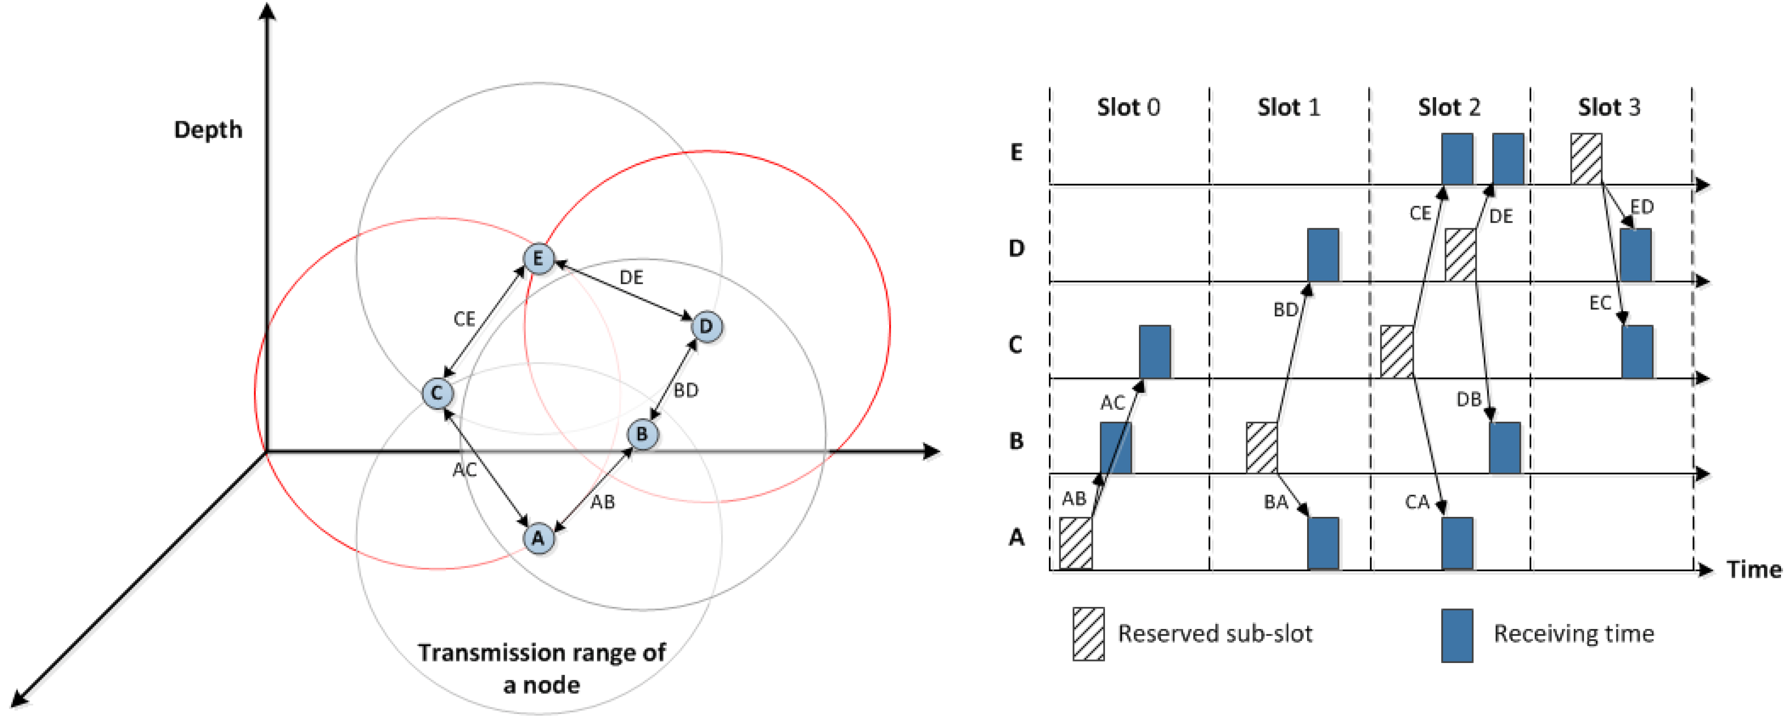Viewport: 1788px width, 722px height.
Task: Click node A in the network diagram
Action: pos(538,538)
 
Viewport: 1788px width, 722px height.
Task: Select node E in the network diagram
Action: pos(538,259)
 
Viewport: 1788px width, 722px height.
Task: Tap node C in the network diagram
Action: pos(437,393)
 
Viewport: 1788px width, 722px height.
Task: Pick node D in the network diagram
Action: pos(707,326)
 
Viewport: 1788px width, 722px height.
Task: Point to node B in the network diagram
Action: pos(642,435)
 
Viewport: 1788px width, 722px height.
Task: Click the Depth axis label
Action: pos(208,130)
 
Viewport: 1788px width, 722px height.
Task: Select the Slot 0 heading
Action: pos(1128,108)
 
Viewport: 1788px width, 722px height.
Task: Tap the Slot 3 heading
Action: pos(1609,108)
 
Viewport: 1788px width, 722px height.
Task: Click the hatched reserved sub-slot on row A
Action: pos(1075,543)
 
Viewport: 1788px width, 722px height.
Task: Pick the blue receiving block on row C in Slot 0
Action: pos(1154,351)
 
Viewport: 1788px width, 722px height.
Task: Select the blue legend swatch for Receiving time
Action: pos(1457,635)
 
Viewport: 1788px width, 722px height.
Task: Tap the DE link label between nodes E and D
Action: pos(631,278)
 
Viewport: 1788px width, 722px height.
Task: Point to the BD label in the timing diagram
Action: pos(1286,310)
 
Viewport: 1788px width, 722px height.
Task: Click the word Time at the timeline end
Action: pos(1754,570)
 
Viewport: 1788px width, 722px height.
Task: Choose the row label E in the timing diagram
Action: pos(1016,153)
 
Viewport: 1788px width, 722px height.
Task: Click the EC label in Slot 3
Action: pos(1600,303)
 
